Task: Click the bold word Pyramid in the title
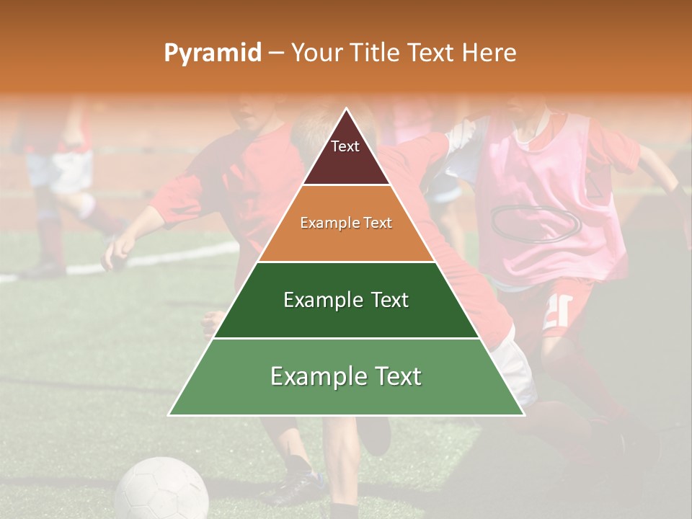click(212, 53)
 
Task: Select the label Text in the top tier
click(345, 146)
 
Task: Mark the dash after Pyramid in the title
click(276, 53)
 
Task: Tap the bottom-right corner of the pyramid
click(523, 414)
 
